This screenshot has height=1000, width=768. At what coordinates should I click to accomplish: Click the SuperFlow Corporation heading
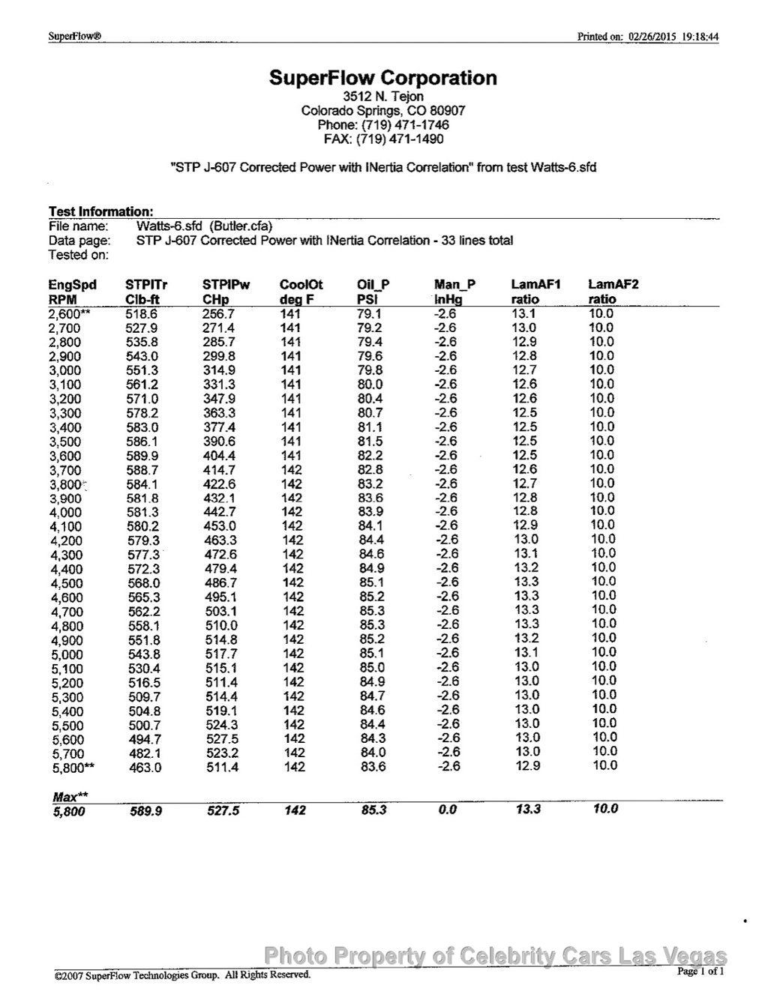tap(382, 78)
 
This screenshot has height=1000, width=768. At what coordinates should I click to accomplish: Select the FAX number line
tap(383, 139)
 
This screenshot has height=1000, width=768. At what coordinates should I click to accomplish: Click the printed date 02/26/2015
tap(652, 37)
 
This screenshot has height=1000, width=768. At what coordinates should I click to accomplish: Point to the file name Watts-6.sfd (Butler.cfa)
tap(204, 226)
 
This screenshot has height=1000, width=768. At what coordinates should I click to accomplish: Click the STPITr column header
tap(146, 285)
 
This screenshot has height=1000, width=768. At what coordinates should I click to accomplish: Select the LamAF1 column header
tap(535, 285)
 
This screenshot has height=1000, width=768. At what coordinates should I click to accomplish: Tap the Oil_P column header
tap(373, 285)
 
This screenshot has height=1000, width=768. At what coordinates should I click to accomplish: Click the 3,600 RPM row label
tap(65, 457)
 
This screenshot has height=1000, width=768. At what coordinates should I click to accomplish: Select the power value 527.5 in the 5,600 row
tap(220, 739)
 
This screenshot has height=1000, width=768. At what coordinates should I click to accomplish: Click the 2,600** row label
tap(69, 314)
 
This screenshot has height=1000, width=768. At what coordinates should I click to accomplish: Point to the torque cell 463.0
tap(145, 768)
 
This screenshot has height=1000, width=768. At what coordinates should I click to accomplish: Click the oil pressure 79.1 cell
tap(370, 314)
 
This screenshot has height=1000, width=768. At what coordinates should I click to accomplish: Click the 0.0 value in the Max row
tap(447, 810)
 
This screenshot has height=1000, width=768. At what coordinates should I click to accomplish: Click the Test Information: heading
tap(101, 212)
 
